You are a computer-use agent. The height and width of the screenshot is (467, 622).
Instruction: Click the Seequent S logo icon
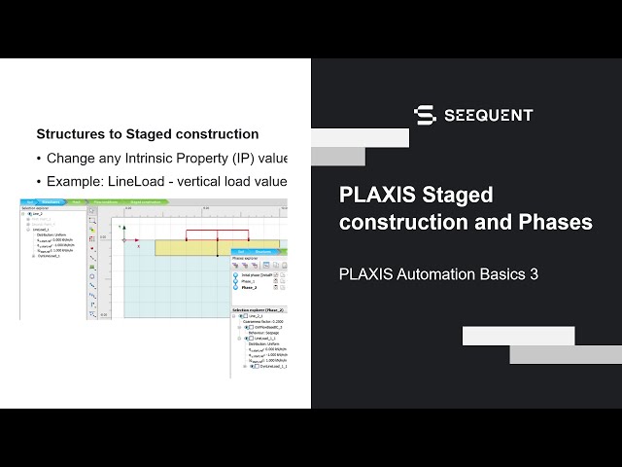[x=424, y=116]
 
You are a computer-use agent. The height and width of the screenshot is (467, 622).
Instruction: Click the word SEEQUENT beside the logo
[x=488, y=116]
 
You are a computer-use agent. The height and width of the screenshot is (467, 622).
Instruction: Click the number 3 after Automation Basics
[x=533, y=274]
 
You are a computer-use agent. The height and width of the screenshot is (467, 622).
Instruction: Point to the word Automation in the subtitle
[x=437, y=274]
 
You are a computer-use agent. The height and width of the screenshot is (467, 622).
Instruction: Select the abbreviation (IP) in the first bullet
[x=235, y=158]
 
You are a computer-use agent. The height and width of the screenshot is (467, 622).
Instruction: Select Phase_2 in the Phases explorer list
[x=250, y=288]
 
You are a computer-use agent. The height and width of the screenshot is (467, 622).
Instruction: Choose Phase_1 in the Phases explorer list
[x=250, y=281]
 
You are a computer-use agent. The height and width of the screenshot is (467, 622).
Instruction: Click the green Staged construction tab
[x=147, y=201]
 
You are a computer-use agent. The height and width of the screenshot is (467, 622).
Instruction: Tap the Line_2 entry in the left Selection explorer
[x=39, y=213]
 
